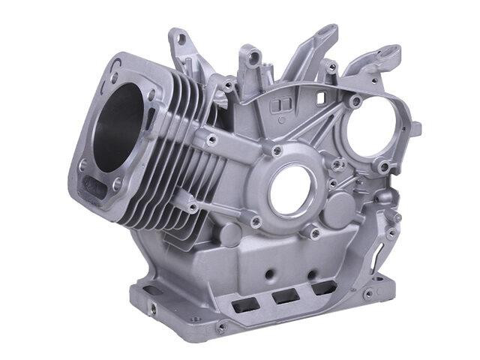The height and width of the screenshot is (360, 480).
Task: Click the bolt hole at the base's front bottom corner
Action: [x=220, y=328]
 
